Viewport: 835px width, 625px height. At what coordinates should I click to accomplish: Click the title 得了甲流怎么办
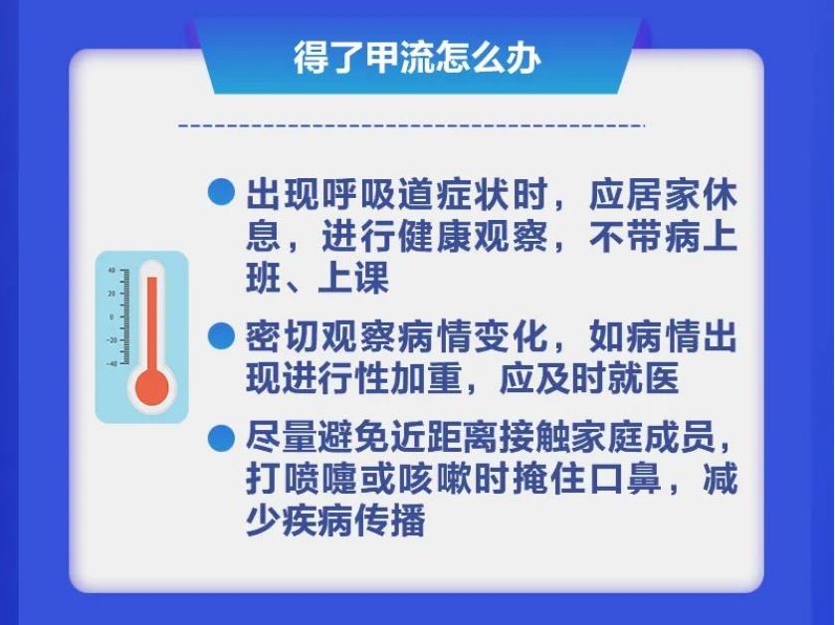[417, 58]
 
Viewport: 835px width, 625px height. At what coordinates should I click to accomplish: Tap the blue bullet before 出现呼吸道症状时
[221, 192]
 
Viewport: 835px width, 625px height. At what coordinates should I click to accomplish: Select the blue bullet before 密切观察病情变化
[221, 335]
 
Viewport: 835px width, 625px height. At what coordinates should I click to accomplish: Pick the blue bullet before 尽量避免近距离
[221, 439]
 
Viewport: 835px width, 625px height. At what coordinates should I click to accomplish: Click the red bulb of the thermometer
[151, 387]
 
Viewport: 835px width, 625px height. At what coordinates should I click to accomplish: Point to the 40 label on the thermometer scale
[111, 271]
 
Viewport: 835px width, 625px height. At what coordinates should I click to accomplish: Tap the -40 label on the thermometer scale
[111, 364]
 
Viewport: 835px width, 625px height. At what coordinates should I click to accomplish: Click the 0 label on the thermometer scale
[111, 317]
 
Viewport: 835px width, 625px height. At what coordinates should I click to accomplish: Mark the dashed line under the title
[411, 126]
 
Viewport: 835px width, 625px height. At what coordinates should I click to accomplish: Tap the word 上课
[353, 278]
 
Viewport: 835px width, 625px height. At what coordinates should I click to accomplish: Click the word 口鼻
[624, 479]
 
